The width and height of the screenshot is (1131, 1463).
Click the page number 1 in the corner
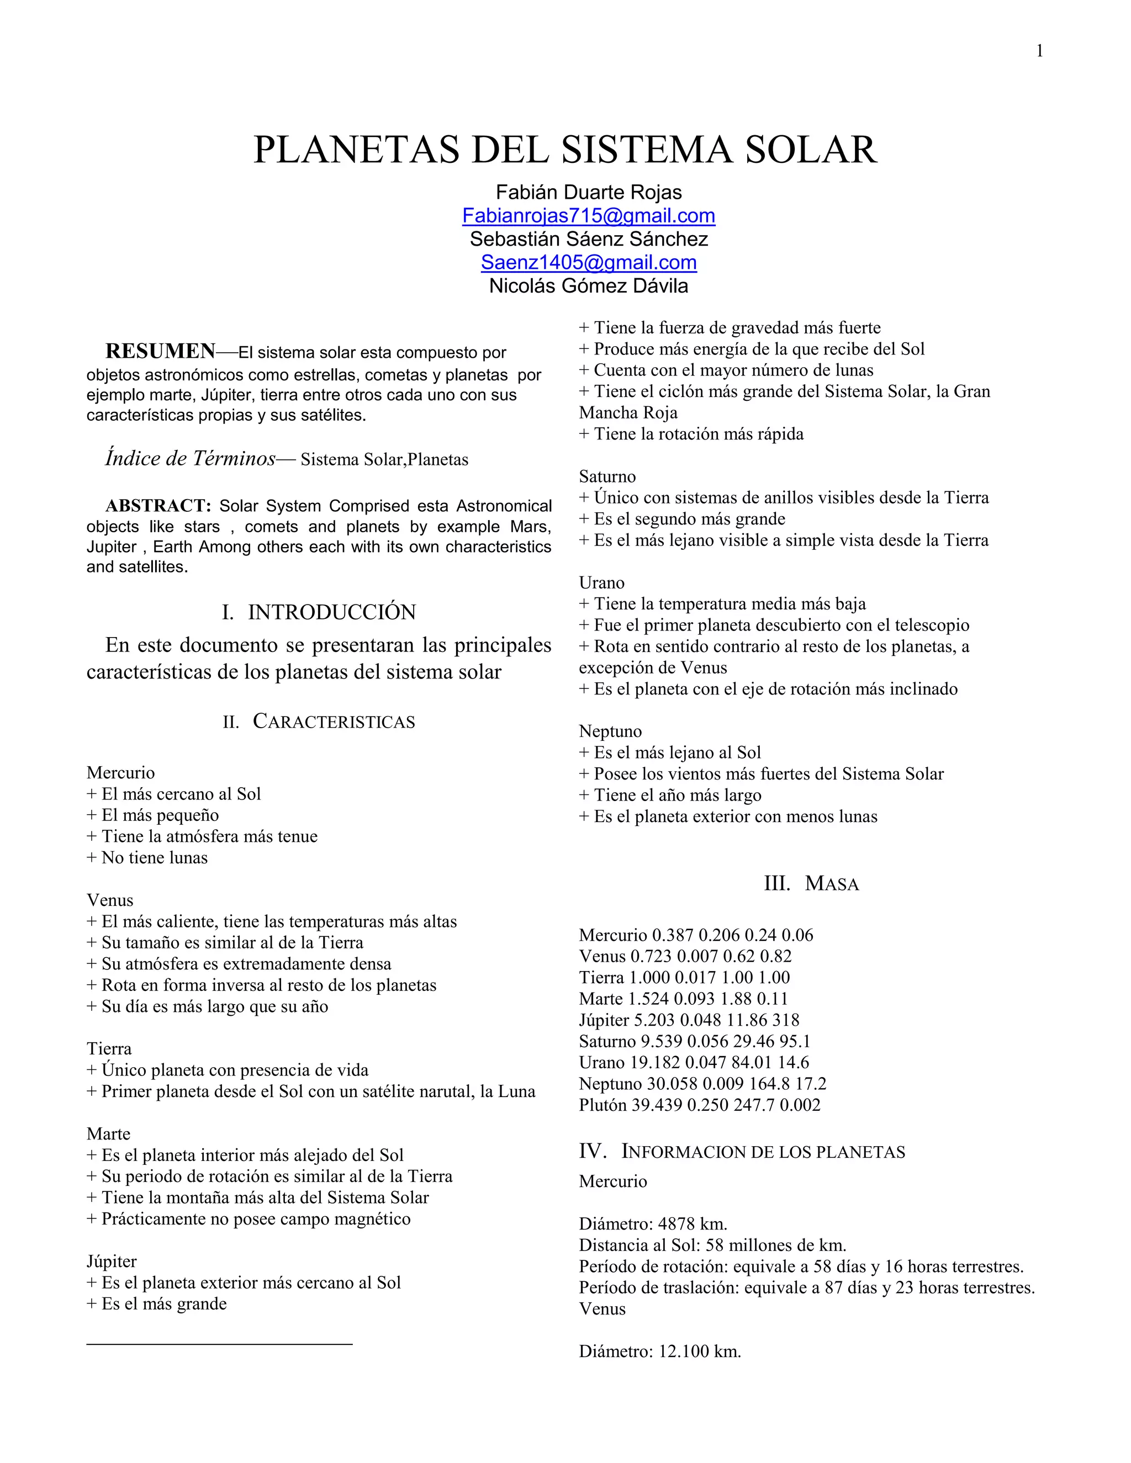pyautogui.click(x=1039, y=51)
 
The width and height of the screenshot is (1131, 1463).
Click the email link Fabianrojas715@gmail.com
pyautogui.click(x=588, y=216)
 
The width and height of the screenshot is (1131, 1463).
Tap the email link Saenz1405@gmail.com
pyautogui.click(x=588, y=263)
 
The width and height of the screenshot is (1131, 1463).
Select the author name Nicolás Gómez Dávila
pyautogui.click(x=588, y=286)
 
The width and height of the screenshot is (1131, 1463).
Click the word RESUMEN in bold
pyautogui.click(x=160, y=351)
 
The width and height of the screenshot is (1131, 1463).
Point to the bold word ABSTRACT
pyautogui.click(x=158, y=505)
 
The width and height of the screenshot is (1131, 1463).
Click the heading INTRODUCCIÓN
pyautogui.click(x=332, y=612)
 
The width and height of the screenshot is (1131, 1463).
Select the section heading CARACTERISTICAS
pyautogui.click(x=333, y=722)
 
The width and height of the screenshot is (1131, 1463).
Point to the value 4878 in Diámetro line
pyautogui.click(x=675, y=1224)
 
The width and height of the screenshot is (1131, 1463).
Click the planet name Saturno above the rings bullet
pyautogui.click(x=607, y=476)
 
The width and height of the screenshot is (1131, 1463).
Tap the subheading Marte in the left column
pyautogui.click(x=109, y=1133)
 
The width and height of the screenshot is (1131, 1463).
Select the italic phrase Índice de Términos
pyautogui.click(x=191, y=458)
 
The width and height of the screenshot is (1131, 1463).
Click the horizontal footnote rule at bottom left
pyautogui.click(x=219, y=1344)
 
